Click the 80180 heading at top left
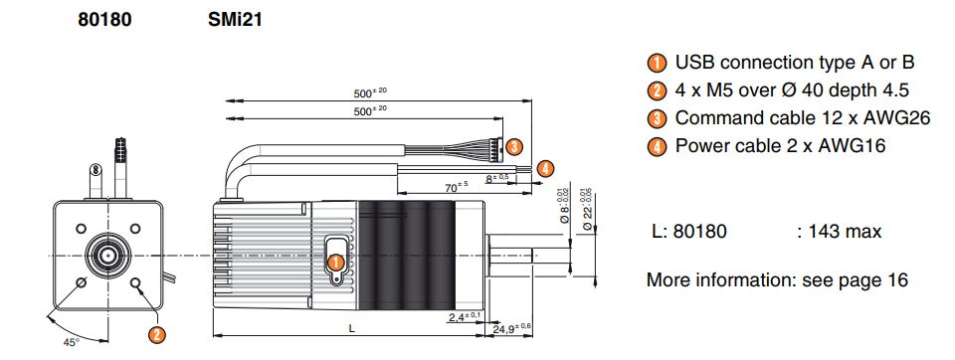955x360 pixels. point(104,20)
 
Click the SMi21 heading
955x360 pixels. point(235,20)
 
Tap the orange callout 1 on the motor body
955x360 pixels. point(335,263)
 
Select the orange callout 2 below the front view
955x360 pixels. point(157,334)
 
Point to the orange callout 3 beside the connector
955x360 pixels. point(514,146)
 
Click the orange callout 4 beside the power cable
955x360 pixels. point(546,167)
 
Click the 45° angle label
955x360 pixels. point(72,342)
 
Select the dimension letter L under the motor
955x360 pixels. point(351,328)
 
